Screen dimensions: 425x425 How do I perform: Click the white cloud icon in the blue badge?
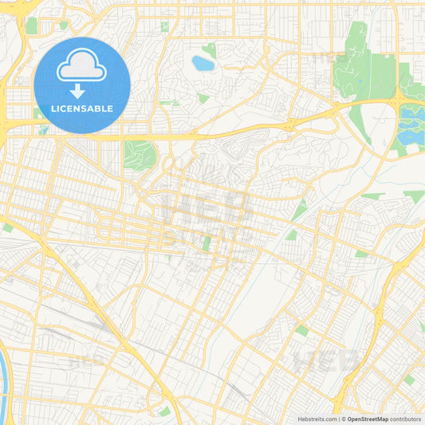(82, 68)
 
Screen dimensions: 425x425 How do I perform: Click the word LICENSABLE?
(82, 108)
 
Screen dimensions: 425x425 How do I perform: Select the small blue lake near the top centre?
(203, 63)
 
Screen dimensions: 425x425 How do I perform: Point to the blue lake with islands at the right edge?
(411, 123)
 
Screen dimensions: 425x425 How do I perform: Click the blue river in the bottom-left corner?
(4, 383)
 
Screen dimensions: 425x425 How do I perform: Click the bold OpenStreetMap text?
(368, 419)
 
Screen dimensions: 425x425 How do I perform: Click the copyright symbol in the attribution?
(344, 419)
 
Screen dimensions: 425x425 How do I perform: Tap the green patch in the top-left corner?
(31, 26)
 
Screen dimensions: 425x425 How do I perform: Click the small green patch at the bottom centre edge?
(164, 411)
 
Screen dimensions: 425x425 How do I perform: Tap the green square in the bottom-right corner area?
(409, 380)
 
